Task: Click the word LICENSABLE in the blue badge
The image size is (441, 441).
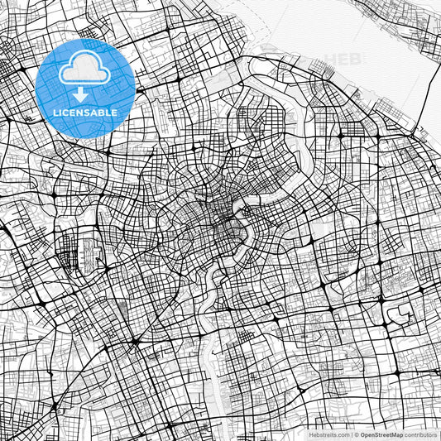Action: (x=85, y=112)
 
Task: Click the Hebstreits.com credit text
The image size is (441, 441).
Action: (x=327, y=434)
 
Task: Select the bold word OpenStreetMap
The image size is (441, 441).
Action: (x=382, y=434)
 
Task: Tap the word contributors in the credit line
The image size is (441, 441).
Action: (x=422, y=434)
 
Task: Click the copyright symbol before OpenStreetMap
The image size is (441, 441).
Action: (x=357, y=434)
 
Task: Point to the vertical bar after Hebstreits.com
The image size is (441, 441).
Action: (x=351, y=434)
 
